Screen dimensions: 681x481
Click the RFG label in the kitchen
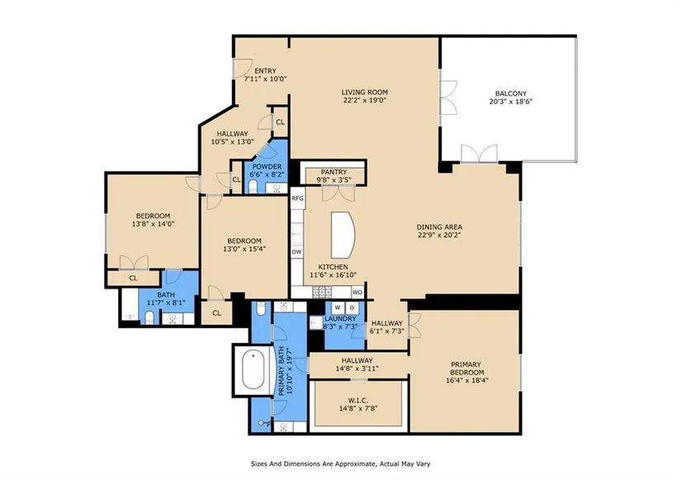[297, 198]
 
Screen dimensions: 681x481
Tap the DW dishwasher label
[296, 252]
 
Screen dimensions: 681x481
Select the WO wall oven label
[357, 293]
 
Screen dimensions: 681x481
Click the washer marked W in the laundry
[338, 308]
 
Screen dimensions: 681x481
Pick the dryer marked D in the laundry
[352, 308]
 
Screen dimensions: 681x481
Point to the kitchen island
[343, 235]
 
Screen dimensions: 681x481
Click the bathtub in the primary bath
[253, 370]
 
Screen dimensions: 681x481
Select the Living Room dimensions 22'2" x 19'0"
[364, 100]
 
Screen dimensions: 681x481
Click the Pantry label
[334, 172]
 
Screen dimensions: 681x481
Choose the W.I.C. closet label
[359, 400]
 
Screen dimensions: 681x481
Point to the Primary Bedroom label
[466, 369]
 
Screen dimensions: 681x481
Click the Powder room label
[267, 167]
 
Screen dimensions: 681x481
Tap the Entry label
[265, 71]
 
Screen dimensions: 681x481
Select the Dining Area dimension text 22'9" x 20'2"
[439, 235]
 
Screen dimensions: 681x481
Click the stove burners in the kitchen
[322, 292]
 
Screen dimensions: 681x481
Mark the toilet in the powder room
[253, 187]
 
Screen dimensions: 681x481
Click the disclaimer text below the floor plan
[340, 464]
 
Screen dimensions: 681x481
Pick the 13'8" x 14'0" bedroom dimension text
[154, 224]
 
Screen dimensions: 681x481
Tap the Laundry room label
[340, 319]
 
